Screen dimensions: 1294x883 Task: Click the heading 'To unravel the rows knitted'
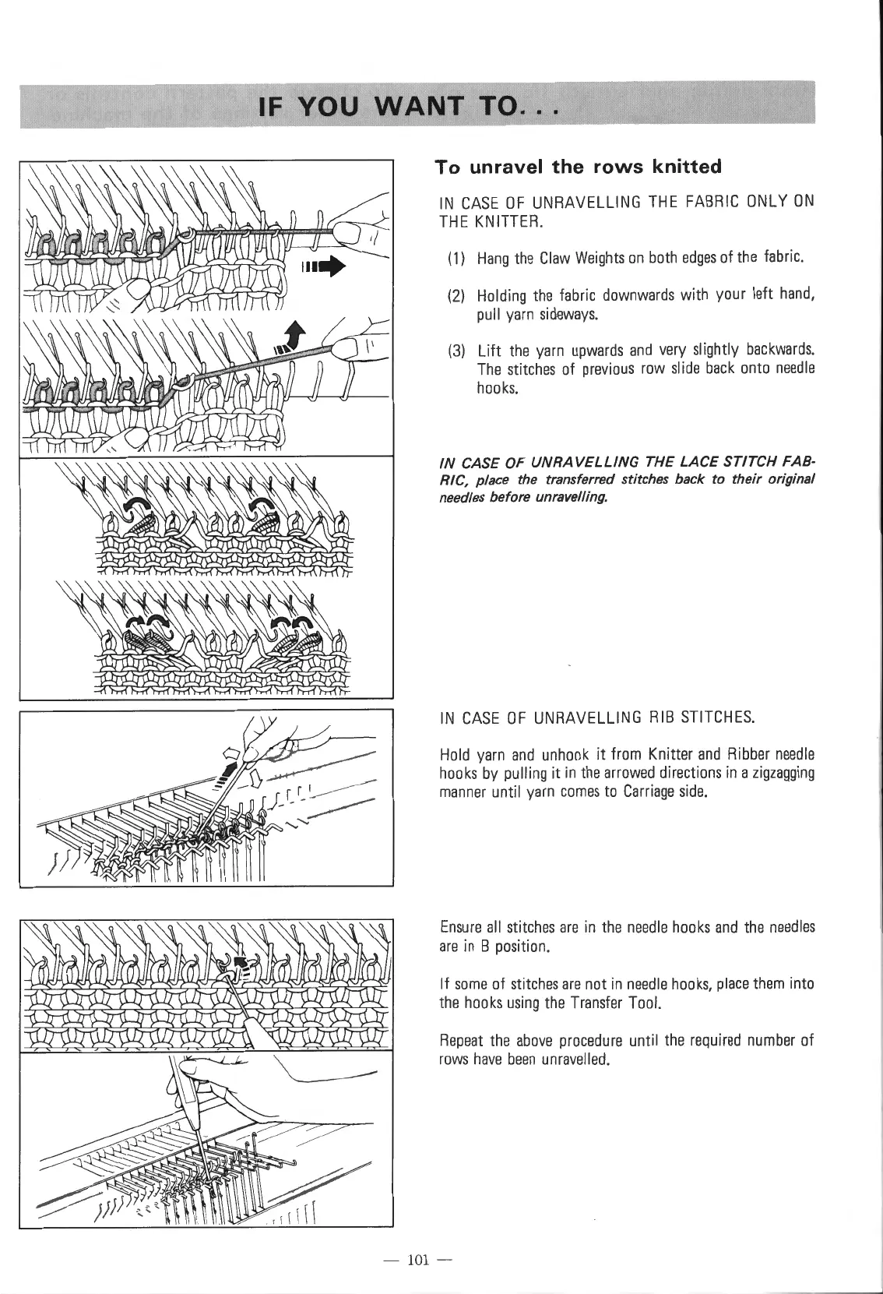tap(578, 166)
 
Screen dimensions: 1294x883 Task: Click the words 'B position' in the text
tap(512, 947)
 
